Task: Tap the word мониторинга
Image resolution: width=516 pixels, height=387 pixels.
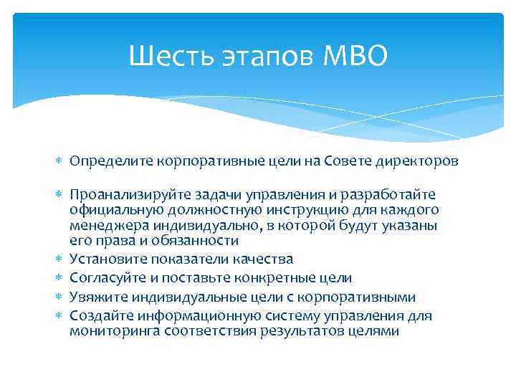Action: [114, 330]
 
